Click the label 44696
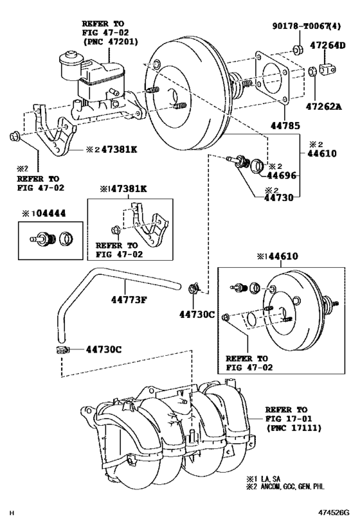282,175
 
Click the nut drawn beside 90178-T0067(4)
298,49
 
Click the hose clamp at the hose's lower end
59,349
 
